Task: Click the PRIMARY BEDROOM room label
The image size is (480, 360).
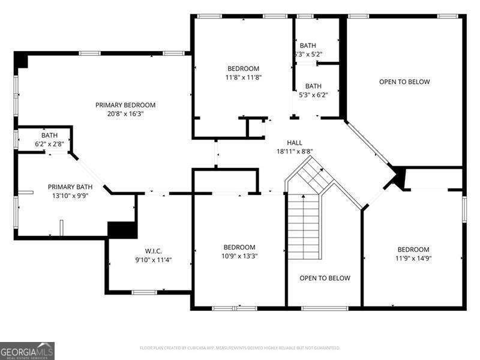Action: (x=125, y=105)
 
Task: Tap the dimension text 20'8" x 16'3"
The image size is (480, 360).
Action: (x=125, y=113)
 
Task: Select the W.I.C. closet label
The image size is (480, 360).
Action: (x=149, y=251)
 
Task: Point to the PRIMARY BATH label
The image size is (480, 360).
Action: (x=70, y=187)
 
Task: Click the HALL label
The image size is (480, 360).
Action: (x=295, y=143)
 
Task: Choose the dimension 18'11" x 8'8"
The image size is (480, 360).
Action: (x=295, y=152)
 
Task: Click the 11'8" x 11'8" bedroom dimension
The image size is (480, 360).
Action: (x=243, y=77)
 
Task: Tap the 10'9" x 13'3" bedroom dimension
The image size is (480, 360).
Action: (x=239, y=256)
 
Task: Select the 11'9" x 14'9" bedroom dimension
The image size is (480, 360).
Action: (x=413, y=259)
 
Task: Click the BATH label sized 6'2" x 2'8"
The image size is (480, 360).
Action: (x=49, y=135)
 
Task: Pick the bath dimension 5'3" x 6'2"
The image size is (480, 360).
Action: (x=313, y=95)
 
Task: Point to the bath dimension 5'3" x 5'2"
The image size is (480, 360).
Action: (x=308, y=54)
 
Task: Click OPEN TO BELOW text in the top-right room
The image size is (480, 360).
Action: (x=404, y=82)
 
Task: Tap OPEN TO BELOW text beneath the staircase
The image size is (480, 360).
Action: (x=325, y=278)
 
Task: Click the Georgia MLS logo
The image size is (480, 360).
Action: (x=28, y=350)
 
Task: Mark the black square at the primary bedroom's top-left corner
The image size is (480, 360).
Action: (x=21, y=60)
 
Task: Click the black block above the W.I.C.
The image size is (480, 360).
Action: (x=119, y=229)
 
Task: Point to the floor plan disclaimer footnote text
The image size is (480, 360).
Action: (x=240, y=347)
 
